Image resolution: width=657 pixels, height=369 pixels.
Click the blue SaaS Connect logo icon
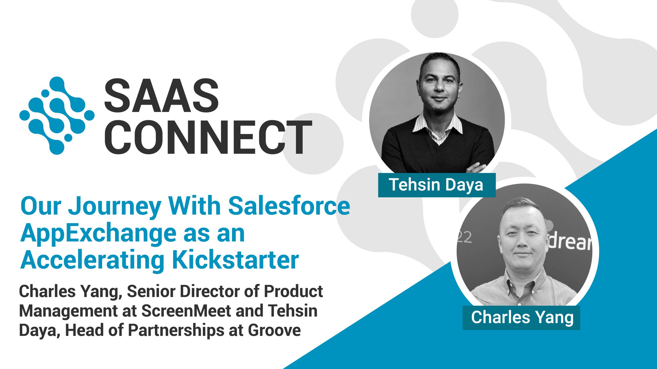point(57,116)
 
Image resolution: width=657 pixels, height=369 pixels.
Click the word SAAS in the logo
point(162,96)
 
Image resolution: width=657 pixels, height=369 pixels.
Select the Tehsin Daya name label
point(437,185)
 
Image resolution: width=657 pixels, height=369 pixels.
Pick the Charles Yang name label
point(521,317)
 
